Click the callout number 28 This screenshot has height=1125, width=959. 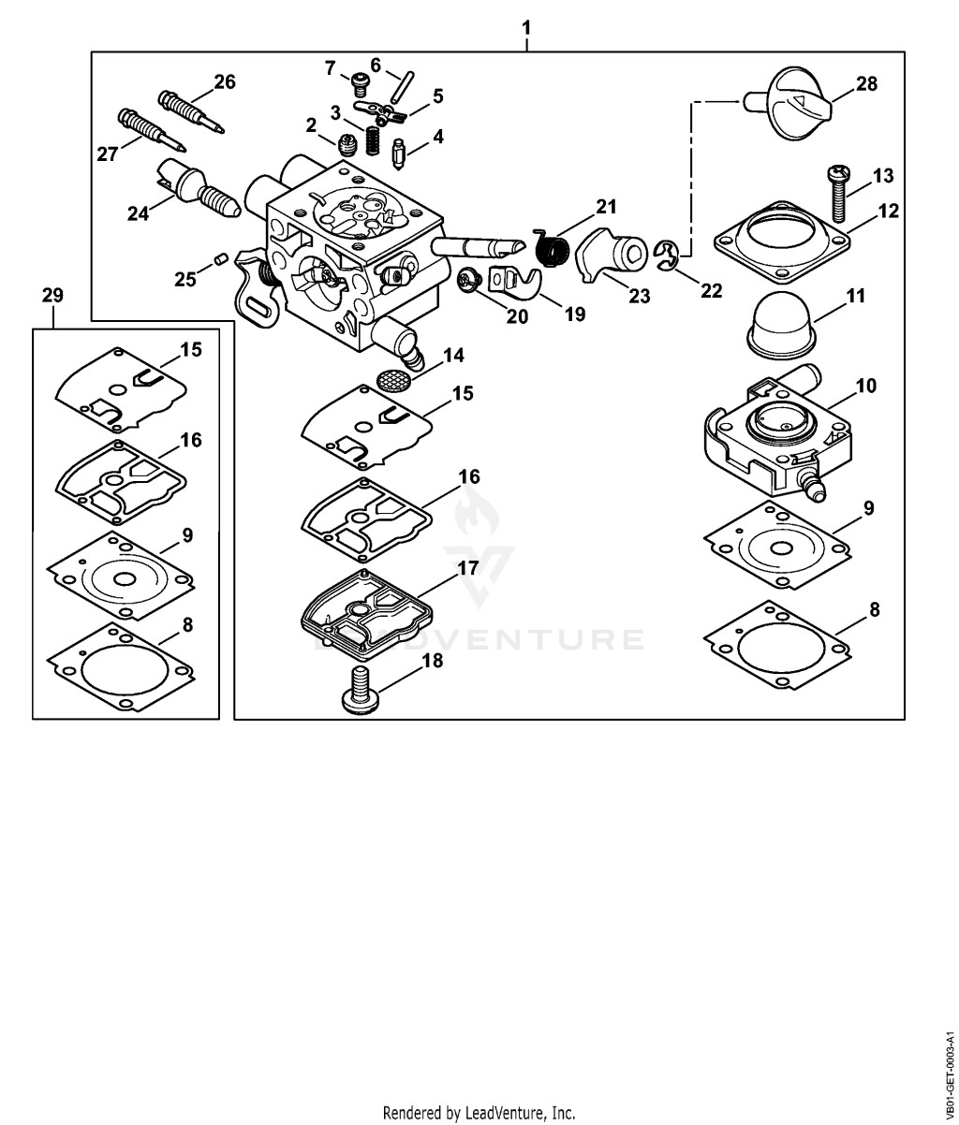point(866,84)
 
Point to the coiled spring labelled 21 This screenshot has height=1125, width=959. point(553,248)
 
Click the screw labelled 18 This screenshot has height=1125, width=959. point(361,690)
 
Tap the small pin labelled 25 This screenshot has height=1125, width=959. point(220,258)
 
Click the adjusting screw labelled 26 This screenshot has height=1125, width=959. point(191,111)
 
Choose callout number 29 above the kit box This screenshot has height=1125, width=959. point(52,296)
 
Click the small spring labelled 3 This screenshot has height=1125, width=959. point(373,140)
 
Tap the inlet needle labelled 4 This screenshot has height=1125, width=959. point(399,154)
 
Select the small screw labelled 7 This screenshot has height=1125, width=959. point(359,84)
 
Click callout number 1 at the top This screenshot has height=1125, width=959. point(526,27)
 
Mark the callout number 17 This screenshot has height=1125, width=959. point(467,568)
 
